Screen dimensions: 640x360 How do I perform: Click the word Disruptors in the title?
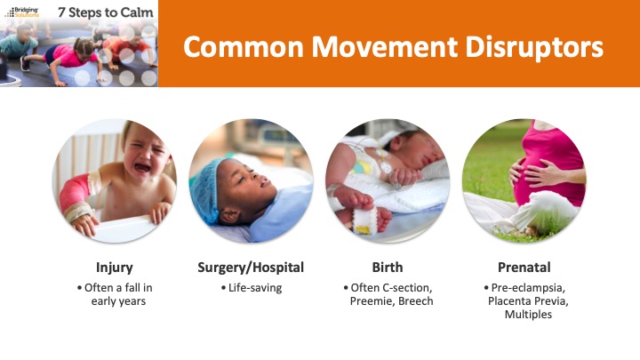[x=534, y=47]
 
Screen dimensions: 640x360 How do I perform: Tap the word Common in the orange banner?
[x=244, y=47]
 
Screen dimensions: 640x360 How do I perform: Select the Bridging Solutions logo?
[x=22, y=12]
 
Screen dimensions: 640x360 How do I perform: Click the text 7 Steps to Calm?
[x=106, y=12]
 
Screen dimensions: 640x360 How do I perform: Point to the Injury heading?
[x=115, y=268]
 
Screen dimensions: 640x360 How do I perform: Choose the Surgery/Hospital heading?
[x=251, y=268]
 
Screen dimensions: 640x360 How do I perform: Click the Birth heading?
[x=388, y=268]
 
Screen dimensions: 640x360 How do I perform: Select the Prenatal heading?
[x=524, y=268]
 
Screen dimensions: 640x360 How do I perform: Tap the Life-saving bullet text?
[x=255, y=288]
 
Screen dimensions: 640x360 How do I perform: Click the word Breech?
[x=415, y=301]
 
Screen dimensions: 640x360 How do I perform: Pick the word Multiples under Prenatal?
[x=528, y=315]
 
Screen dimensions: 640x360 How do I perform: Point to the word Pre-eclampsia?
[x=528, y=288]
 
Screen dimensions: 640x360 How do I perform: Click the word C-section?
[x=407, y=288]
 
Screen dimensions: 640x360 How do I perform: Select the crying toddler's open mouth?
[x=142, y=167]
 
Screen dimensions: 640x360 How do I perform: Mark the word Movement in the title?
[x=384, y=47]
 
